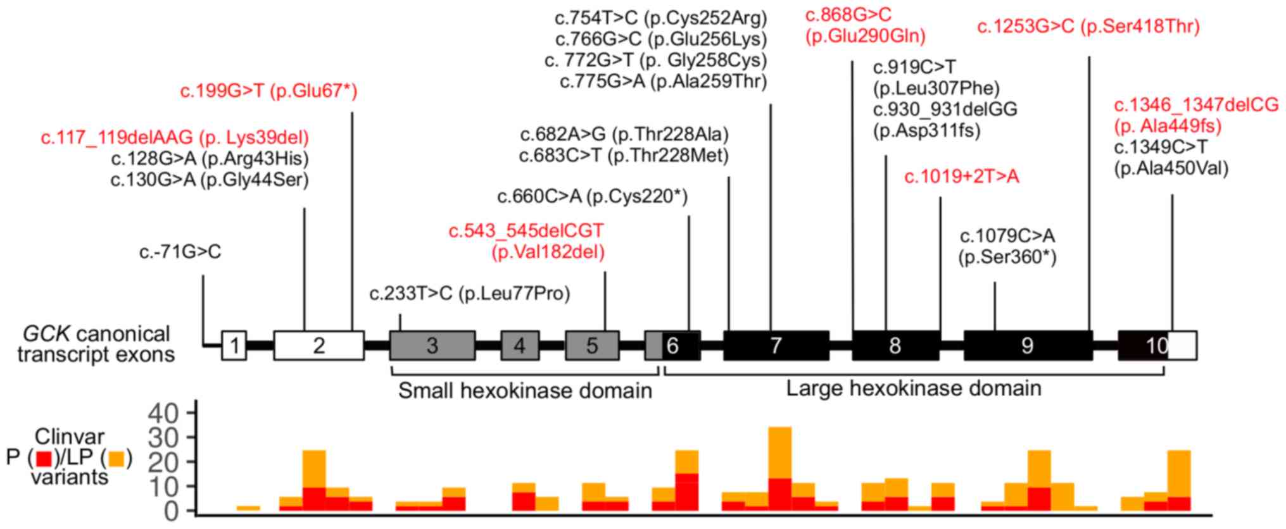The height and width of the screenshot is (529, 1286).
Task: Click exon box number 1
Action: point(234,345)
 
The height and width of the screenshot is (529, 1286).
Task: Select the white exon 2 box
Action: point(318,345)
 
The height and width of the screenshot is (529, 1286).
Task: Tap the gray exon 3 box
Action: point(432,345)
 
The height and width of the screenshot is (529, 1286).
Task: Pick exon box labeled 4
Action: point(520,345)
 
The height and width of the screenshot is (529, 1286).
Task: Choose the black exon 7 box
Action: point(776,345)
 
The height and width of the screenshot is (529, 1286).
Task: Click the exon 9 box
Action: point(1028,345)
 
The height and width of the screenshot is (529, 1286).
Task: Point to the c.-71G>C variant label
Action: point(180,252)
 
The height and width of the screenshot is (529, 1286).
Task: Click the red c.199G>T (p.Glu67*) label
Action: point(269,92)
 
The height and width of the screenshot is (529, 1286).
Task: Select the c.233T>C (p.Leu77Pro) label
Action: point(470,294)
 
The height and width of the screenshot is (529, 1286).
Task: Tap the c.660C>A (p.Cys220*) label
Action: point(592,197)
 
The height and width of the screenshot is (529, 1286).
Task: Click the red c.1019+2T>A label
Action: point(961,177)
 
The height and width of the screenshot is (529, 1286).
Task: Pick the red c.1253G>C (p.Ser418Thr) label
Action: point(1088,27)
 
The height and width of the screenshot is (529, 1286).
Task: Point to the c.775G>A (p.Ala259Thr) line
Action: point(663,82)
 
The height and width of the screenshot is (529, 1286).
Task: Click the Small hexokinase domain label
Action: point(525,391)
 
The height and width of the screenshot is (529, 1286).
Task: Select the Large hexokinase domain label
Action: point(914,388)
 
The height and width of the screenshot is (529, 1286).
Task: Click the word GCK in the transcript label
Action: point(45,334)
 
